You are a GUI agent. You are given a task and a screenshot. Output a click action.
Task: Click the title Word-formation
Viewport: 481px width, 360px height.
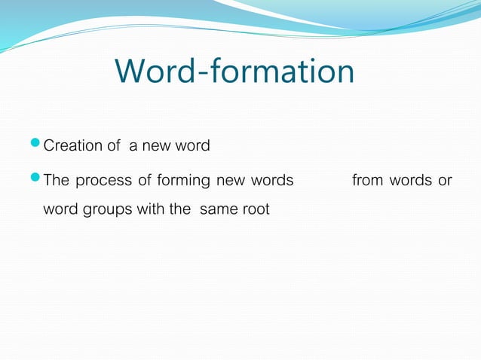tap(234, 72)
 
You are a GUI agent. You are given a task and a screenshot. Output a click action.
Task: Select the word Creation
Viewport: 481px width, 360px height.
tap(73, 145)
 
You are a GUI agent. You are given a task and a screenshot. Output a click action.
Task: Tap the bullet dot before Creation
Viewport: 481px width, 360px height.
tap(38, 143)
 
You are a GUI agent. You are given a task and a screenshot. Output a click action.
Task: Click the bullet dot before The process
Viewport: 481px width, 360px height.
tap(38, 179)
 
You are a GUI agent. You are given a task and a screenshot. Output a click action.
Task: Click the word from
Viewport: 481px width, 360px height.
tap(367, 181)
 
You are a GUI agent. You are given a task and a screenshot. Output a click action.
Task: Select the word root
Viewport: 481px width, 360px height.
tap(254, 209)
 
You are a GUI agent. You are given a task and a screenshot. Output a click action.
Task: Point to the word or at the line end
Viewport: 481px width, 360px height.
tap(445, 182)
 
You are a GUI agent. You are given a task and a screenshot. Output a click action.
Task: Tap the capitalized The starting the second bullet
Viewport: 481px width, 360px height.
tap(57, 181)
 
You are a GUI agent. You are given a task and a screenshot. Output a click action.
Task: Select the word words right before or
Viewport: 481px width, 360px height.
tap(410, 181)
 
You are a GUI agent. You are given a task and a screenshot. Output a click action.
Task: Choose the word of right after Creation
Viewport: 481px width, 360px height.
tap(113, 145)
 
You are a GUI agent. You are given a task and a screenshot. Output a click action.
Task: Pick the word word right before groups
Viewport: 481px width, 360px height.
tap(60, 209)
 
